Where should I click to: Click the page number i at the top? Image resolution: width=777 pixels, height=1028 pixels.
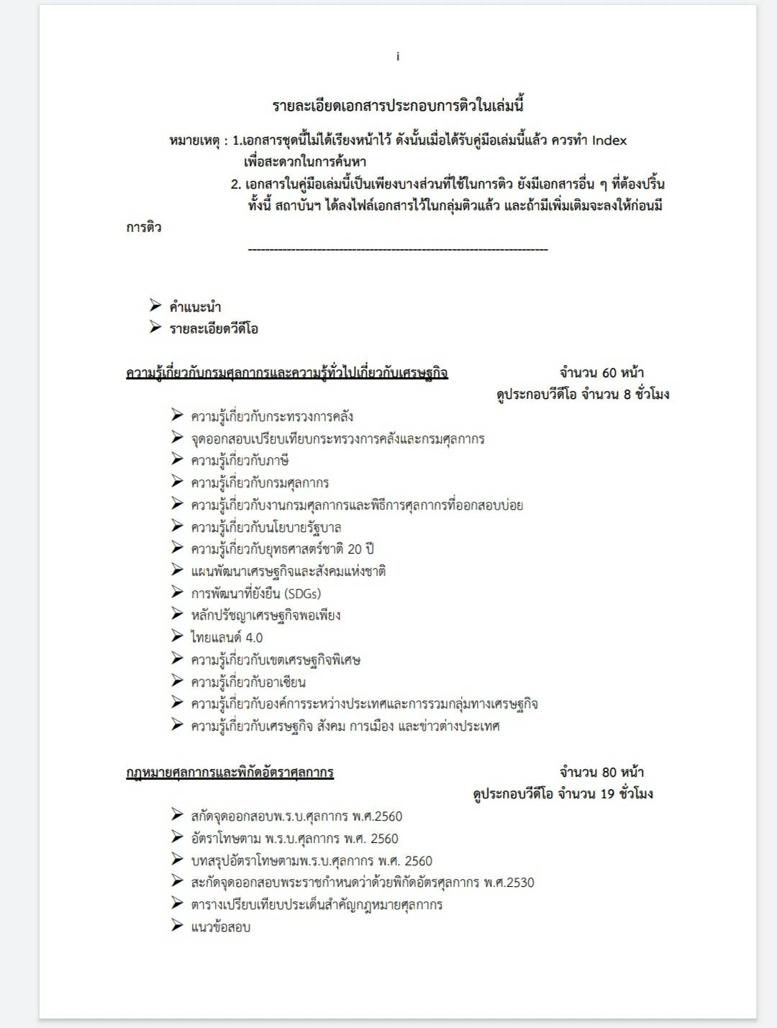(398, 57)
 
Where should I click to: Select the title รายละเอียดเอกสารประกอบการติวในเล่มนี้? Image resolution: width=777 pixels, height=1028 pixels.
(398, 106)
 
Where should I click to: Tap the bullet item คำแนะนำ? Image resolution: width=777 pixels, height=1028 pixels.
(195, 307)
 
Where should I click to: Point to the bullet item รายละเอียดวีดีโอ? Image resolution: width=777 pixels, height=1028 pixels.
(214, 329)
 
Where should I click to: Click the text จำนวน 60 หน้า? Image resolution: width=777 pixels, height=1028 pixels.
(601, 373)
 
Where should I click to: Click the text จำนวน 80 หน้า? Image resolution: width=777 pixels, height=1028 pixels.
(601, 772)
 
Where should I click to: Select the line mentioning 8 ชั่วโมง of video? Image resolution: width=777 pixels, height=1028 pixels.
(583, 394)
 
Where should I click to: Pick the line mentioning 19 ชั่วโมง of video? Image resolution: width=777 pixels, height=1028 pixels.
(563, 794)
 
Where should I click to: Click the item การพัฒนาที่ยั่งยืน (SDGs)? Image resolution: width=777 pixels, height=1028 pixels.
(256, 594)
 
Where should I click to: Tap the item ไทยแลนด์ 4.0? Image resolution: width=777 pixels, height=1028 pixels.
(227, 638)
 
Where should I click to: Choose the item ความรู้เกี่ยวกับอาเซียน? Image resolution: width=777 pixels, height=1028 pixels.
(248, 682)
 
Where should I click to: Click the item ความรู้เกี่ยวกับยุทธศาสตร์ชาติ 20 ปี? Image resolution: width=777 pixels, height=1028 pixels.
(282, 549)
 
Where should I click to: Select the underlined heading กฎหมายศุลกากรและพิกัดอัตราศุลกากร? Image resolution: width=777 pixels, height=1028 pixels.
(230, 772)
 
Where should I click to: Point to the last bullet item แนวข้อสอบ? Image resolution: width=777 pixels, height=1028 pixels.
(221, 927)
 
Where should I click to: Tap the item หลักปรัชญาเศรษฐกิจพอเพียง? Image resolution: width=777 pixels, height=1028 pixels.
(265, 616)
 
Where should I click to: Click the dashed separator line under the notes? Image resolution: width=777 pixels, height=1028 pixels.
(397, 250)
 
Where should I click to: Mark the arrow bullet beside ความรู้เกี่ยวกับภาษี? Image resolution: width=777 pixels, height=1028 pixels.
(178, 459)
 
